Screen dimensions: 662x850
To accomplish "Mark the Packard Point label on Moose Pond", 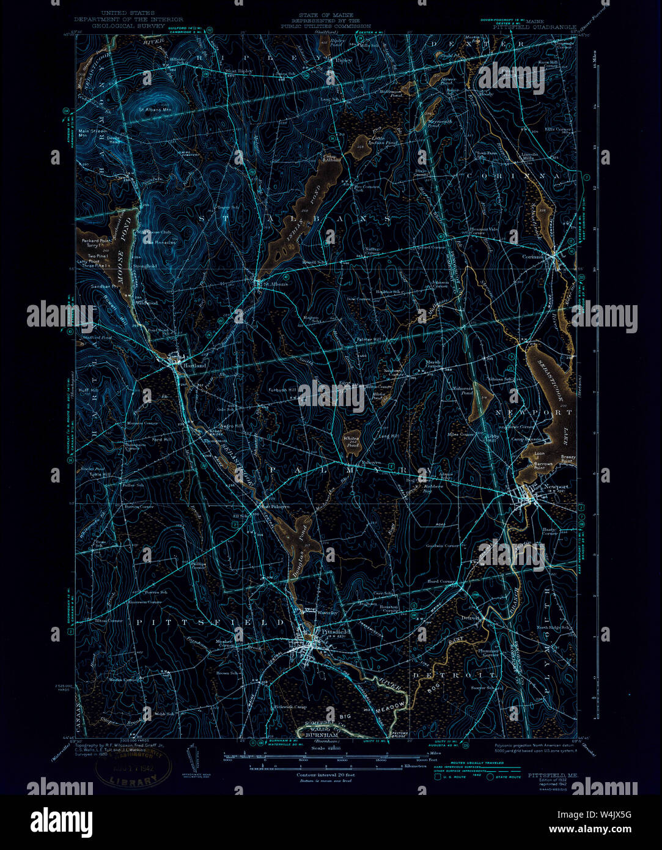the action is tap(96, 241).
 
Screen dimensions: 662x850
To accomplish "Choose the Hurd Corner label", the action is tap(442, 582).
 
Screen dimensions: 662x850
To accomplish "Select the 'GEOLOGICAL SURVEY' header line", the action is tap(128, 27).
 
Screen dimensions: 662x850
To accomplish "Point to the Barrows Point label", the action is tap(542, 464).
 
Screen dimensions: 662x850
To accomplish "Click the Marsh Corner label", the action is tap(433, 364).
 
